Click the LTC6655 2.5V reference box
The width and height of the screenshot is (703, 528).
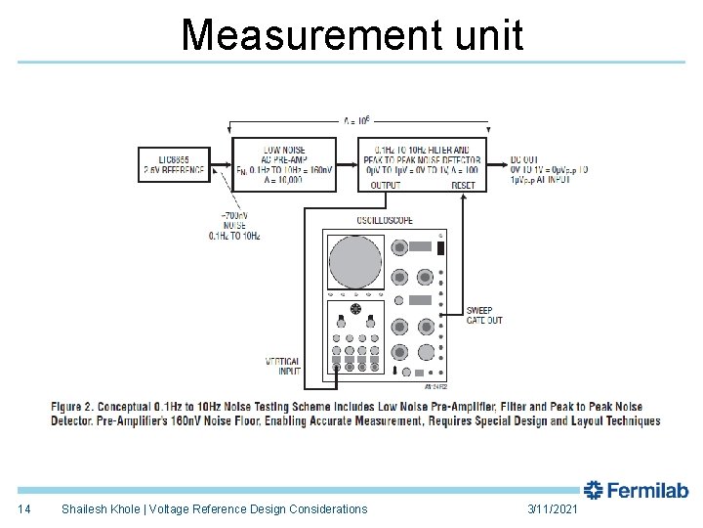point(174,163)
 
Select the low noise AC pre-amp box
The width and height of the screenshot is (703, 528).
point(284,163)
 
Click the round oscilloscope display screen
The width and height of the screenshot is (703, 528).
point(355,261)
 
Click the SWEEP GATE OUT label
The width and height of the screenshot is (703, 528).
point(485,316)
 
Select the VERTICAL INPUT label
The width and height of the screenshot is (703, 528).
point(283,367)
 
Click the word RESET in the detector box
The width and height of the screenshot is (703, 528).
point(463,185)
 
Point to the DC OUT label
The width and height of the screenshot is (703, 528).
point(524,158)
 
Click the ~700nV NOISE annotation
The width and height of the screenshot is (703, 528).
point(234,225)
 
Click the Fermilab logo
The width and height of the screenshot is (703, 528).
point(637,491)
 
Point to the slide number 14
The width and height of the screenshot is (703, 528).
point(24,508)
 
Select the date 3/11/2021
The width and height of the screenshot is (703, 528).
point(553,508)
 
